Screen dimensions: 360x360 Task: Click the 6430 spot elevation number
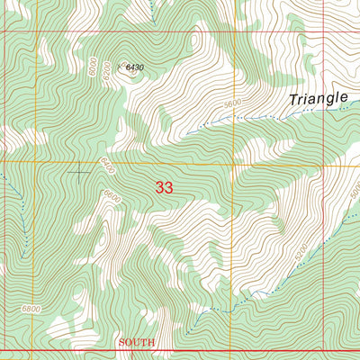click(135, 67)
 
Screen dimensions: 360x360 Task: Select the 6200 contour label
click(106, 69)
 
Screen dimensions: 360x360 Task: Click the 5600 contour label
click(234, 103)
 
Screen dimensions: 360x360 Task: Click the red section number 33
click(164, 187)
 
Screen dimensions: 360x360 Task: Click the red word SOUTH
click(137, 343)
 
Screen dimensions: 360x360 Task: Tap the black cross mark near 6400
click(80, 171)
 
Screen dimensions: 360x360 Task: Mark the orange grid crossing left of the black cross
click(35, 163)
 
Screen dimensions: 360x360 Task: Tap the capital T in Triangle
click(292, 101)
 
